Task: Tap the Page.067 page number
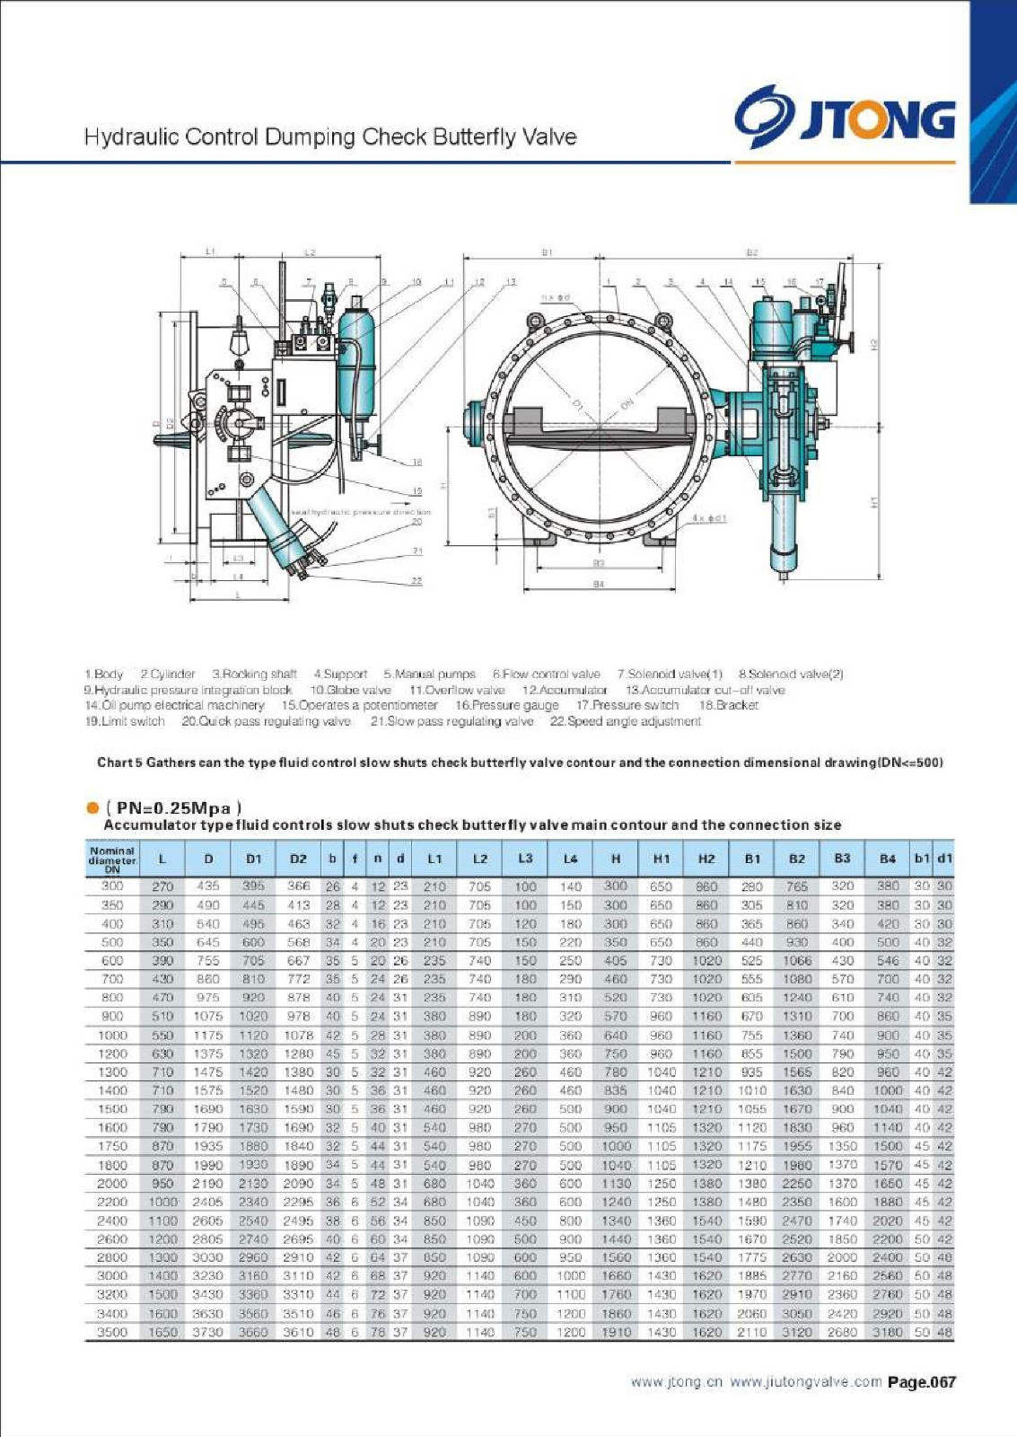click(922, 1382)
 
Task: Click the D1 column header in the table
click(254, 859)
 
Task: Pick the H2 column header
click(706, 859)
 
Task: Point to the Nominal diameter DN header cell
click(112, 859)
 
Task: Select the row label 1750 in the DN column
click(112, 1146)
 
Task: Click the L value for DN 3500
click(162, 1332)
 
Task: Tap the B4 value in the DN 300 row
click(887, 886)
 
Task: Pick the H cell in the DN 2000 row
click(616, 1184)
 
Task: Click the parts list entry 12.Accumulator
click(565, 690)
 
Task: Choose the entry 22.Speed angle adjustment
click(625, 721)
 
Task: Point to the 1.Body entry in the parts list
click(104, 674)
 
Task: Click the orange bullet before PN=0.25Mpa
click(92, 807)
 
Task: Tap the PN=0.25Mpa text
click(174, 807)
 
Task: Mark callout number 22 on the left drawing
click(416, 581)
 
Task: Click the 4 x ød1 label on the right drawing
click(709, 518)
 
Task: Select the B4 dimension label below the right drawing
click(599, 584)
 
